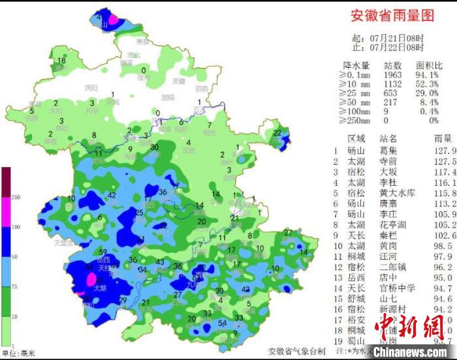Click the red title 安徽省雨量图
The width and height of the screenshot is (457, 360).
[x=392, y=15]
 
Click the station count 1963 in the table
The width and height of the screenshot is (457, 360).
[x=392, y=74]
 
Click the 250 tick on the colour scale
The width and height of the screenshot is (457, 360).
[x=16, y=197]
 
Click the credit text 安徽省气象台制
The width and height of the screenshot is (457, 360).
[x=296, y=351]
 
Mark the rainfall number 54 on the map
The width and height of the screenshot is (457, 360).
[x=223, y=323]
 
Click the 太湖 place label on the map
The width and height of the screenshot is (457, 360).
[x=99, y=288]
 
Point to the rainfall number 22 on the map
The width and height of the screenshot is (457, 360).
[x=277, y=133]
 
